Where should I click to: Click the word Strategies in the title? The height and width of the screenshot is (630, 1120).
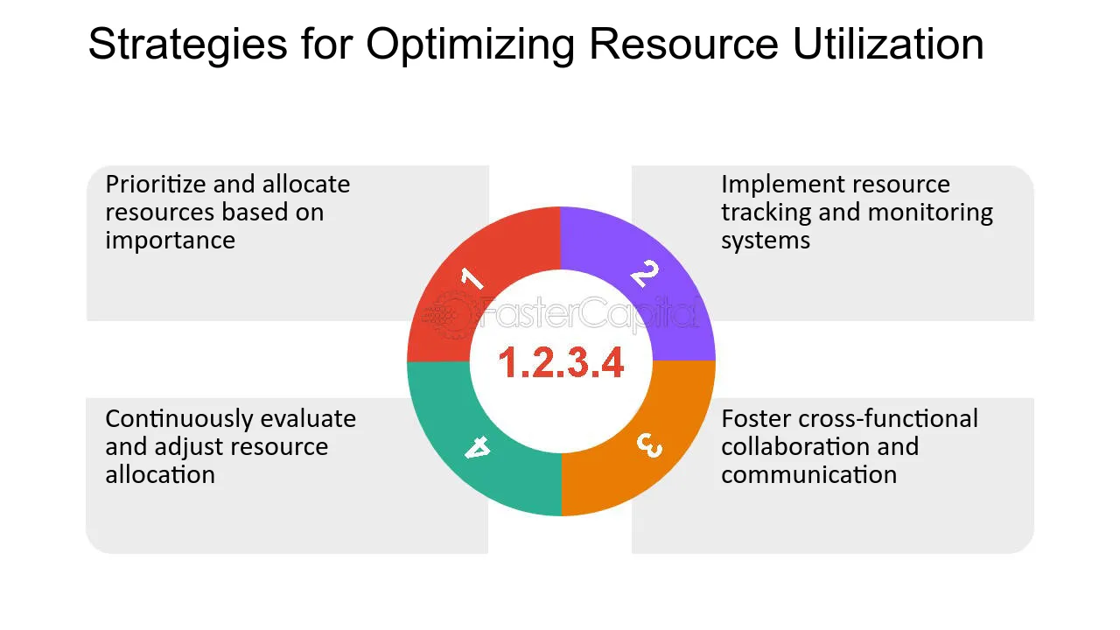[x=187, y=44]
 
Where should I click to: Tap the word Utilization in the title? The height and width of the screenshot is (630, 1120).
[x=888, y=44]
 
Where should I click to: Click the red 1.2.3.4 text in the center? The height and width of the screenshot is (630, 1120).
[x=561, y=362]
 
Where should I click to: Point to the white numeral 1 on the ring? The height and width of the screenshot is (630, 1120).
[x=472, y=279]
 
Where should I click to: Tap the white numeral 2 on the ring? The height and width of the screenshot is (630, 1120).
[x=645, y=274]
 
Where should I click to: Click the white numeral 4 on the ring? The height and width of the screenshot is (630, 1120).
[x=477, y=448]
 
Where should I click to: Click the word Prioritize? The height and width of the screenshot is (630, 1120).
[x=156, y=185]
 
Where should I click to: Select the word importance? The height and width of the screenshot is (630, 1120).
[x=171, y=241]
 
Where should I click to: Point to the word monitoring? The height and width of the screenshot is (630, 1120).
[x=930, y=213]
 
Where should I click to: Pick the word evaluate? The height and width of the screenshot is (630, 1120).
[x=311, y=419]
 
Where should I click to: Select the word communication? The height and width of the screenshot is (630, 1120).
[x=808, y=475]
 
